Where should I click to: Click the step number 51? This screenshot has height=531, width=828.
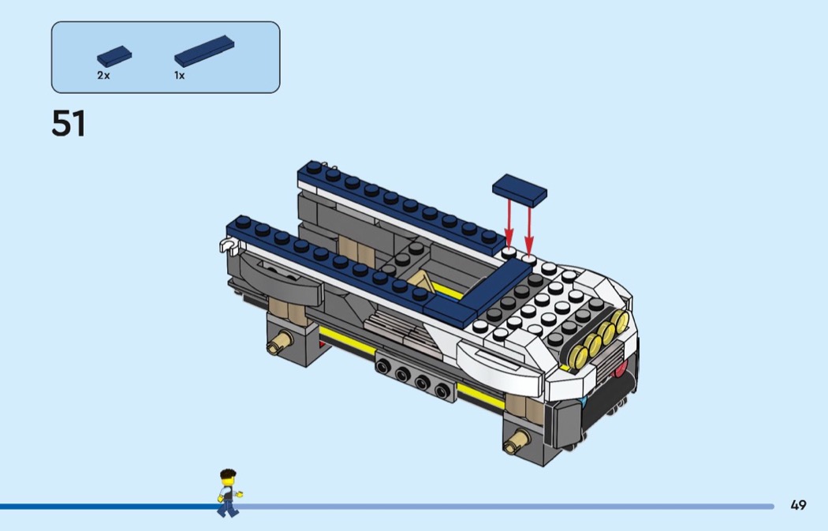(x=68, y=124)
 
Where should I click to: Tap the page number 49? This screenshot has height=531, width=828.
(x=798, y=505)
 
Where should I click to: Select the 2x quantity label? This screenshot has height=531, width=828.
(x=103, y=76)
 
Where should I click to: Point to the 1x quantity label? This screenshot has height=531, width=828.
(x=180, y=76)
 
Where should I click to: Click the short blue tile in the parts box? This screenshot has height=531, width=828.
(x=114, y=56)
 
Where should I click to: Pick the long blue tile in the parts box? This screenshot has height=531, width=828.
(x=204, y=50)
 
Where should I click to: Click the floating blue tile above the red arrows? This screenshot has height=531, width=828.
(x=520, y=190)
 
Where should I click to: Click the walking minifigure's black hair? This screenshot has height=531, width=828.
(x=228, y=474)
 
